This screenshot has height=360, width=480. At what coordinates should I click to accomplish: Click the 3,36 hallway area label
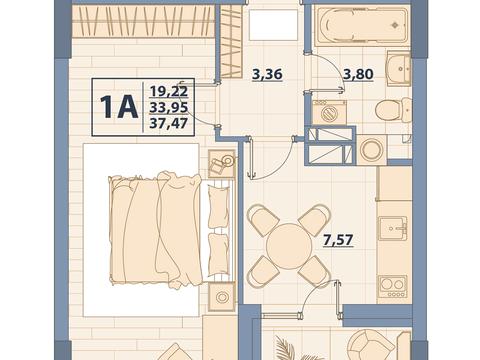pos(267,74)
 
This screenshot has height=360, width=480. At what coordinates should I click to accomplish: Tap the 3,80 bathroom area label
pos(359,74)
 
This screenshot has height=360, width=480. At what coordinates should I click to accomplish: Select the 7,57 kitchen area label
pos(338,240)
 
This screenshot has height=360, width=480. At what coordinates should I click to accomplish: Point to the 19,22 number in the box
pos(169,91)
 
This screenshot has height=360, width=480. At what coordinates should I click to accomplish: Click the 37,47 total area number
pos(169,124)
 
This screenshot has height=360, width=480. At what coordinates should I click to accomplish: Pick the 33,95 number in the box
pos(169,107)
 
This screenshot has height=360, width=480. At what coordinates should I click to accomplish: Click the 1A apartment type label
pos(119,107)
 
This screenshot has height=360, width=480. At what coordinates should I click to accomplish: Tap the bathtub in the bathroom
pos(361,26)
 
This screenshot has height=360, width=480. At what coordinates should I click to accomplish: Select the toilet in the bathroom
pos(393,110)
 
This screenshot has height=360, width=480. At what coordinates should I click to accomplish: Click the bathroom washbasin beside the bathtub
pos(399,68)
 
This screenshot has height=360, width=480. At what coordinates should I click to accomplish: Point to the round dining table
pos(289,246)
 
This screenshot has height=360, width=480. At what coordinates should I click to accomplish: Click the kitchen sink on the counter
pos(393,228)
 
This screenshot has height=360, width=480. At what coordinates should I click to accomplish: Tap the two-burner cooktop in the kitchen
pos(392,287)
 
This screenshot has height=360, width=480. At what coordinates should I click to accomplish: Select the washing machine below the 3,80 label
pos(329,113)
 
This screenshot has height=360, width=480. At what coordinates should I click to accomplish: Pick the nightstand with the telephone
pos(221,164)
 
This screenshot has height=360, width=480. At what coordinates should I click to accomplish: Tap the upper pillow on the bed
pos(219,207)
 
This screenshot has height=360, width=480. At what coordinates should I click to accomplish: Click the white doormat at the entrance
pos(273,25)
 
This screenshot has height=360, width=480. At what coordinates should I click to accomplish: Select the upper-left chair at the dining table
pos(263,220)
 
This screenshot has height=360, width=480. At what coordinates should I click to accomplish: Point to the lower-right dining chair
pos(315,272)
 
